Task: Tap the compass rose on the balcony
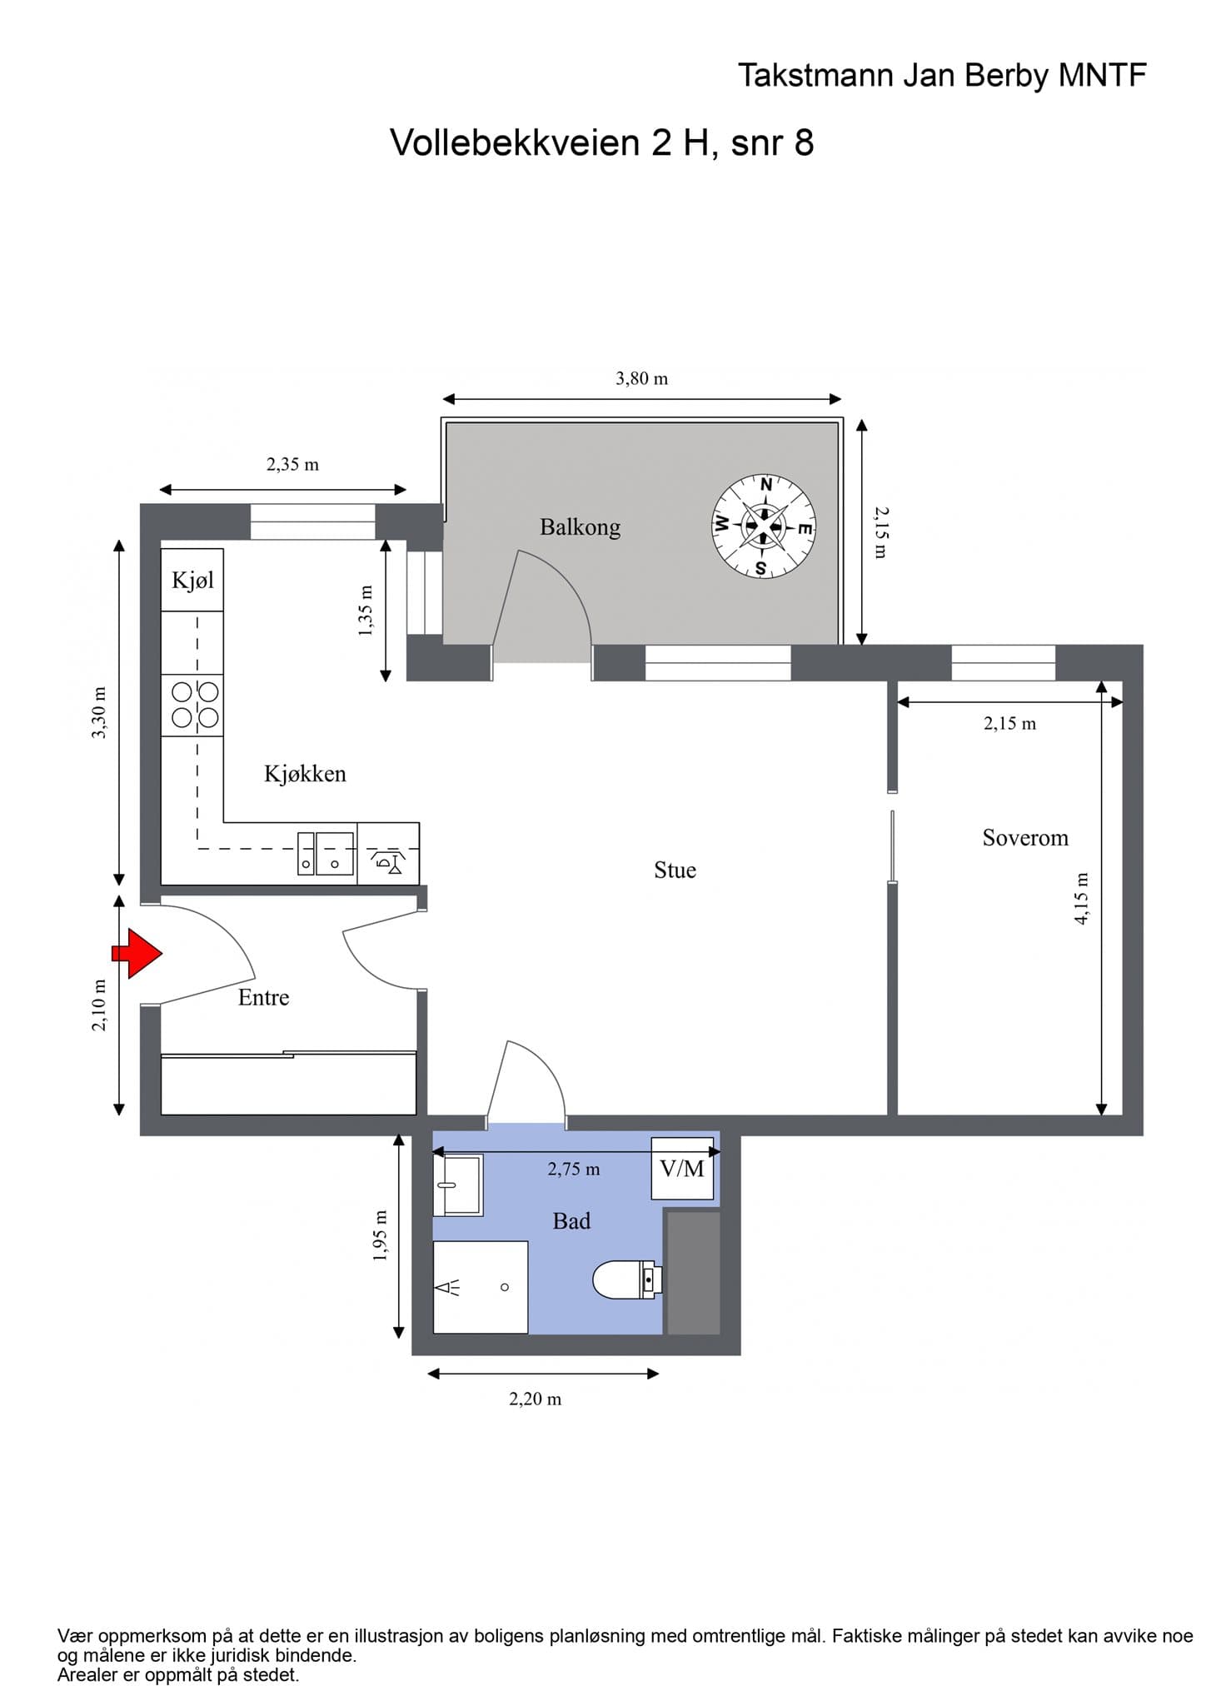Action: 764,526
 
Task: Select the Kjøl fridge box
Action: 192,580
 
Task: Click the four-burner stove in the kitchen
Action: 192,705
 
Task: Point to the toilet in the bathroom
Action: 627,1279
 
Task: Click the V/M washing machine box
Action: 682,1168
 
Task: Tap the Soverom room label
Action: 1025,837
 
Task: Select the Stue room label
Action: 675,870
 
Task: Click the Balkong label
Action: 580,527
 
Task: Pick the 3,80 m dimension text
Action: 641,378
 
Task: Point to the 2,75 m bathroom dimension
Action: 574,1169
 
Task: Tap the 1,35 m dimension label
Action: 365,611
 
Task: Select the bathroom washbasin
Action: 458,1185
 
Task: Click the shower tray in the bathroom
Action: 481,1287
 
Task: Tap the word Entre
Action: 263,997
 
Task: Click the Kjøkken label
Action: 305,774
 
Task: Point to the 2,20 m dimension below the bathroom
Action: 535,1399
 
